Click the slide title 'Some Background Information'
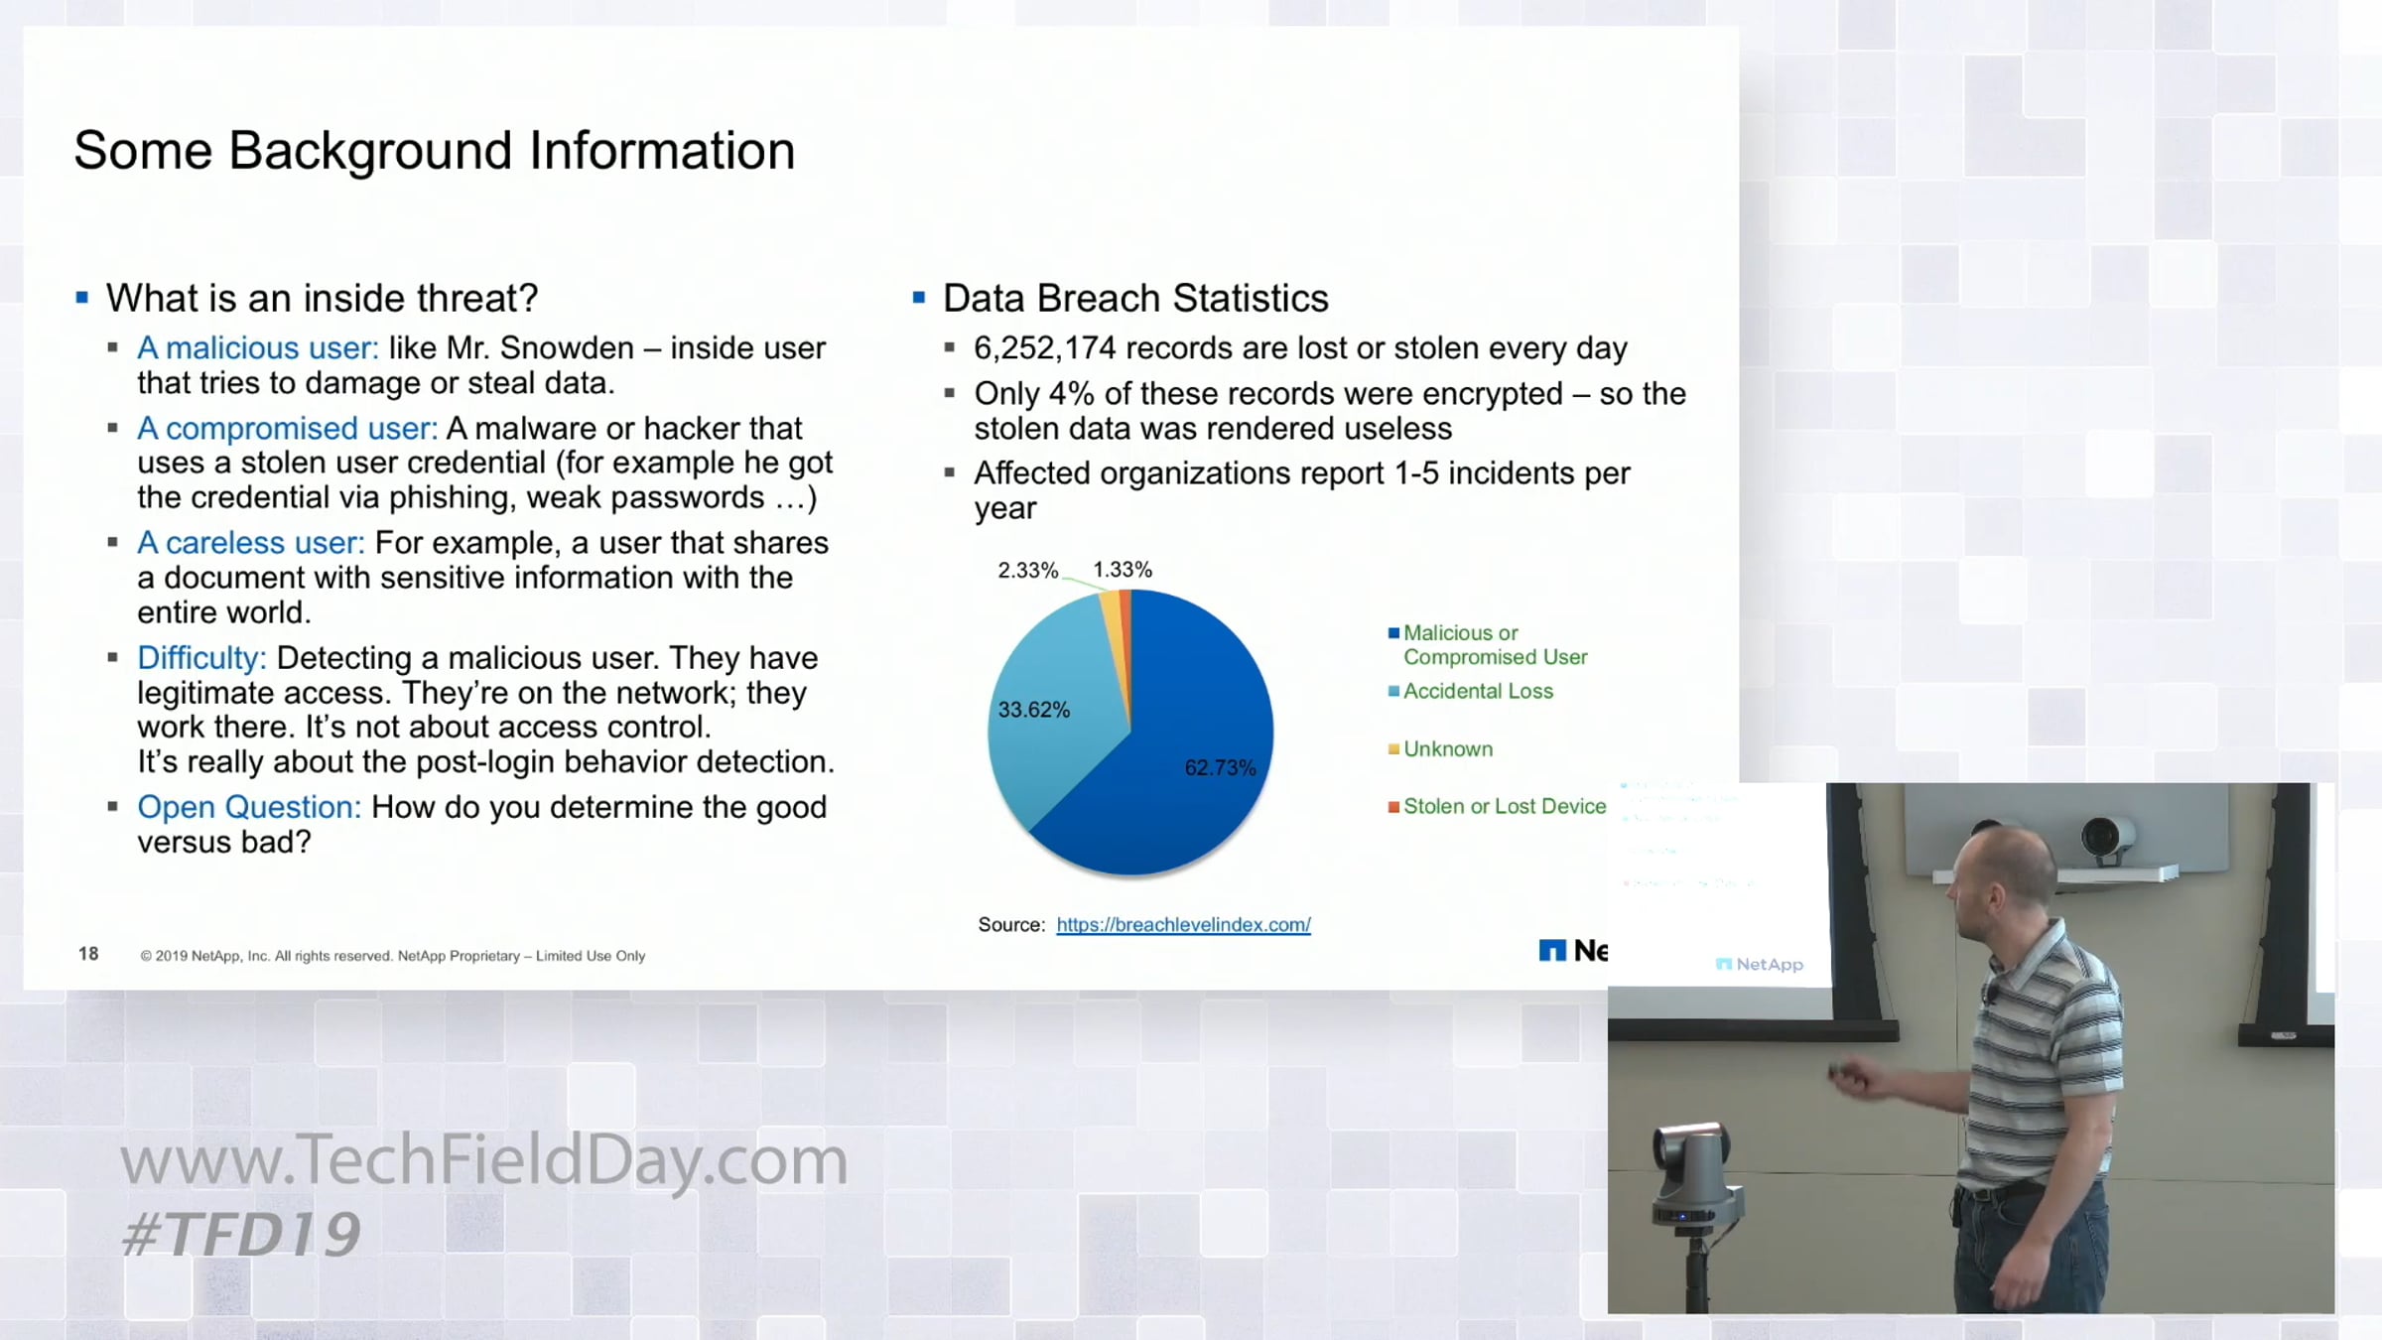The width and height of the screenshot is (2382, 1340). coord(434,151)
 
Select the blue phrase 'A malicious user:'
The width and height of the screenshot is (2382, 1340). coord(258,348)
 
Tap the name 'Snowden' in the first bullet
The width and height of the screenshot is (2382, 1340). coord(567,348)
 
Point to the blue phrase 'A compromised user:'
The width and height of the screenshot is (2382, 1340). coord(288,429)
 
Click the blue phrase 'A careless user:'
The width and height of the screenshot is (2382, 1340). coord(251,543)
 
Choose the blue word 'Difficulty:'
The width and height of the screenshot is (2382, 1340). coord(201,658)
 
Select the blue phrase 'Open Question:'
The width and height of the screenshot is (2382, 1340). coord(249,807)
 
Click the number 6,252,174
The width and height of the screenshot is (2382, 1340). coord(1045,348)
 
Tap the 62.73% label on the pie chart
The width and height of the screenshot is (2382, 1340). coord(1220,768)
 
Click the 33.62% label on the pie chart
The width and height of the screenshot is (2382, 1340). coord(1033,711)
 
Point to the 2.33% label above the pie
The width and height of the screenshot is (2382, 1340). coord(1027,571)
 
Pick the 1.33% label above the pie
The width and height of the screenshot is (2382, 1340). coord(1123,570)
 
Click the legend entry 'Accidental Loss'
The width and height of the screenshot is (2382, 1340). coord(1471,691)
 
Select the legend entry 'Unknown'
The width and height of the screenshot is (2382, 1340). coord(1440,749)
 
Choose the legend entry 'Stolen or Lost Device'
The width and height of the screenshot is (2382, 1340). coord(1497,807)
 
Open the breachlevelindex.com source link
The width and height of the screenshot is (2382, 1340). coord(1183,925)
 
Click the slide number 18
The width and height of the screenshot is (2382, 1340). coord(88,954)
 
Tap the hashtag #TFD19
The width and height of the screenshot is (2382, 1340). coord(241,1235)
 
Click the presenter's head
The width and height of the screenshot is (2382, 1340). coord(2000,873)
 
